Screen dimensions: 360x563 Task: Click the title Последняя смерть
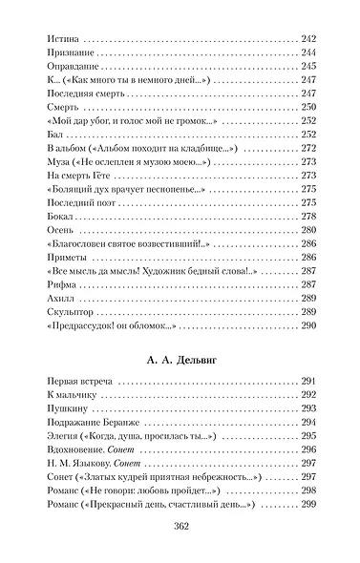pyautogui.click(x=84, y=95)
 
